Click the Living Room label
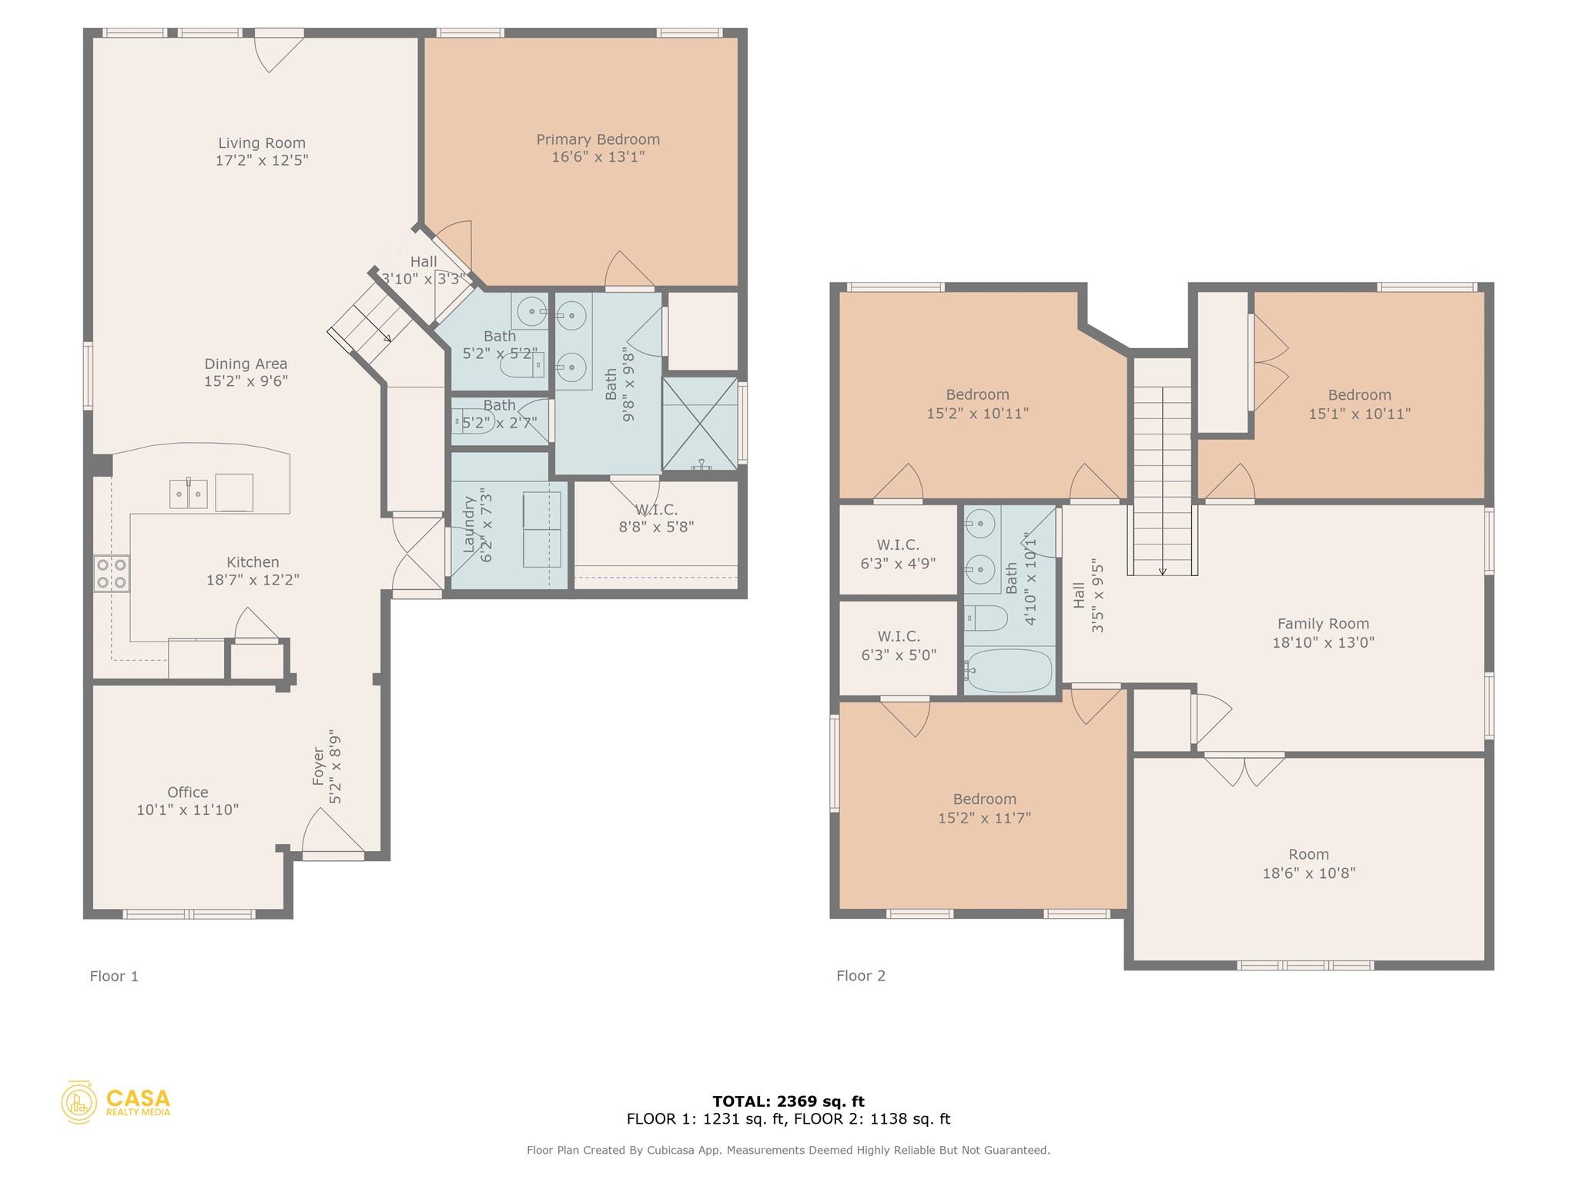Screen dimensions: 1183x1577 [x=262, y=143]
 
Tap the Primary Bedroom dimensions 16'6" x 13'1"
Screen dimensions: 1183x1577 [x=598, y=157]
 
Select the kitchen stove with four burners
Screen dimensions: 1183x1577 [x=112, y=574]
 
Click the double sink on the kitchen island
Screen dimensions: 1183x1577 [x=189, y=493]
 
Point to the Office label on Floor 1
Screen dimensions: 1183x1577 [x=188, y=792]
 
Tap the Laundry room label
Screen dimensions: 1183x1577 [x=469, y=524]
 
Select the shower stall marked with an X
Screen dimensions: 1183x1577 [x=699, y=424]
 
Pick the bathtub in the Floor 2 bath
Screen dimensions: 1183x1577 [x=1009, y=670]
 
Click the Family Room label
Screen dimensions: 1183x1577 [x=1323, y=624]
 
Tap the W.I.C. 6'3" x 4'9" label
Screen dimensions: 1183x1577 [x=898, y=554]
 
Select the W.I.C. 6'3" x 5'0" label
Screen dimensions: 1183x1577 [x=898, y=645]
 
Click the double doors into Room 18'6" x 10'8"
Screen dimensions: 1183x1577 [x=1244, y=769]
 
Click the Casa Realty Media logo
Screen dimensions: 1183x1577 [x=116, y=1102]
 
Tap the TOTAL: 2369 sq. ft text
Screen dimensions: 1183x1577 [x=788, y=1101]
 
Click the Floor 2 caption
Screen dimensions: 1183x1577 [x=861, y=976]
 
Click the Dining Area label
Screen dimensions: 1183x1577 [x=246, y=364]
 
